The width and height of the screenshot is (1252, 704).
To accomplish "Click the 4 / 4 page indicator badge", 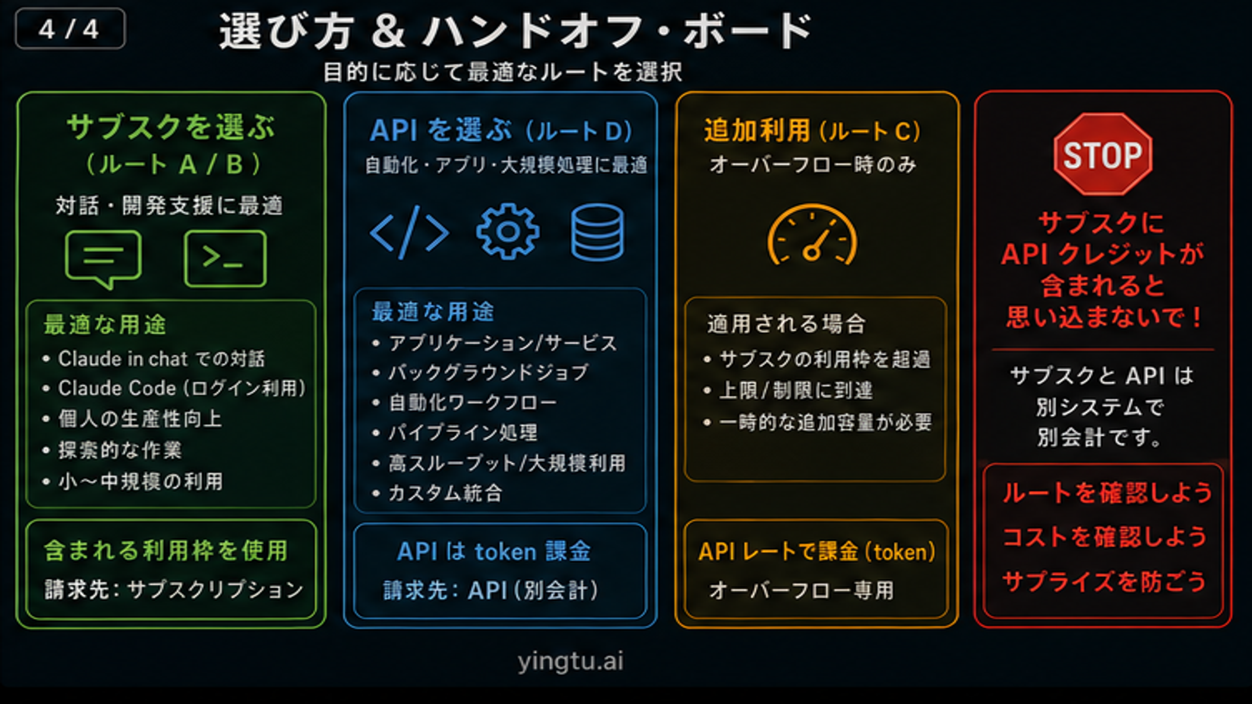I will click(x=70, y=29).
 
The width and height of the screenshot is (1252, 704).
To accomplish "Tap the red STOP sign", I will click(x=1102, y=154).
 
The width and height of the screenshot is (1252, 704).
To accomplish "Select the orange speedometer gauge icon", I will click(x=812, y=236).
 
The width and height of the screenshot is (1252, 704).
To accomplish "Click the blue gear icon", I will click(x=507, y=232).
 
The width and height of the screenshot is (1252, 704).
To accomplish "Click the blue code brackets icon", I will click(x=409, y=232).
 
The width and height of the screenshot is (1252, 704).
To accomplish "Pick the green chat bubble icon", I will click(x=103, y=258).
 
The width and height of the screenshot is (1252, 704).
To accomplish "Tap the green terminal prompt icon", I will click(x=225, y=258).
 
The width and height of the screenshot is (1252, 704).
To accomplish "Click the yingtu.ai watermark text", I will click(x=570, y=661).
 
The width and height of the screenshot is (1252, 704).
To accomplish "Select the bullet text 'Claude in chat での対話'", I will click(x=161, y=359).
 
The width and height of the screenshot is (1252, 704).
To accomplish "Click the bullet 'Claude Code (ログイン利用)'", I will click(x=182, y=389).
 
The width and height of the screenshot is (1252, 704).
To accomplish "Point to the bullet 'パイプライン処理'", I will click(x=463, y=432).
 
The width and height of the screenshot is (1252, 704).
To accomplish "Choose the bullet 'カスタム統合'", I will click(x=445, y=493).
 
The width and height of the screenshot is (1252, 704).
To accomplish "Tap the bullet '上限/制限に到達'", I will click(x=796, y=390).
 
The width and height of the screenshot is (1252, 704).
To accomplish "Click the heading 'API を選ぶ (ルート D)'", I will click(x=501, y=130).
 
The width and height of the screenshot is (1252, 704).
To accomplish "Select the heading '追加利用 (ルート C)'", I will click(x=812, y=130).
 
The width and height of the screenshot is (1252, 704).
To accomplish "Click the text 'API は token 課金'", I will click(x=493, y=551).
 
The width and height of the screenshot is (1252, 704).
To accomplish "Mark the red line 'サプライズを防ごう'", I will click(x=1104, y=581).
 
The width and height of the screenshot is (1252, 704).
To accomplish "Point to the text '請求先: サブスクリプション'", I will click(x=174, y=590).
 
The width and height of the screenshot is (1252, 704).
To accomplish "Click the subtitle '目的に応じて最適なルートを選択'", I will click(x=502, y=72).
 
